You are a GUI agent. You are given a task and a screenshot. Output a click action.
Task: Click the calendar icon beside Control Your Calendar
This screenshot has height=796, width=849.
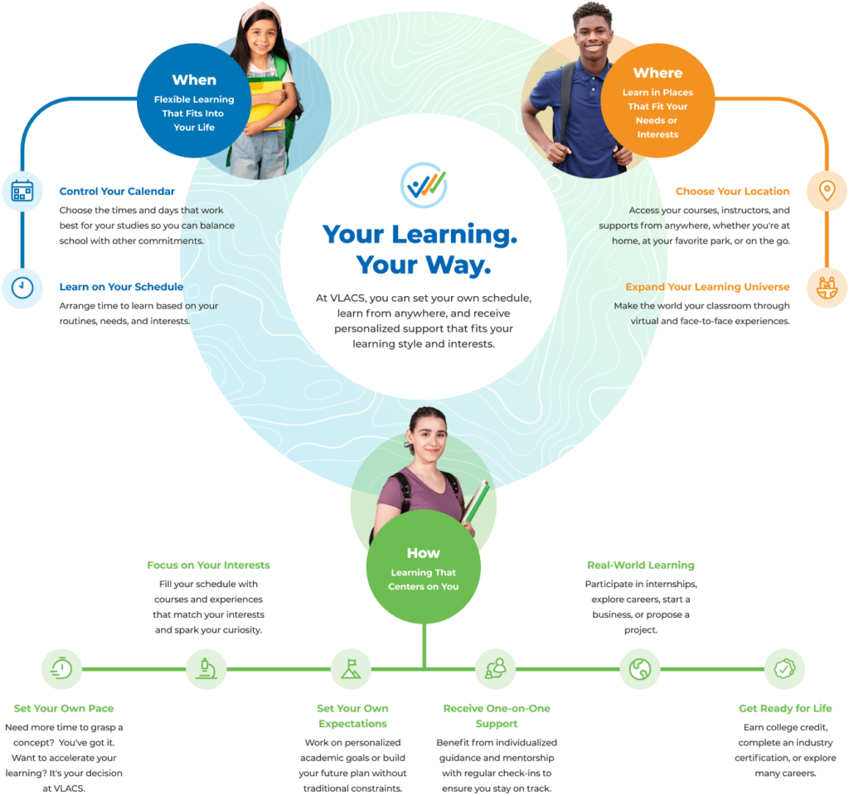point(22,192)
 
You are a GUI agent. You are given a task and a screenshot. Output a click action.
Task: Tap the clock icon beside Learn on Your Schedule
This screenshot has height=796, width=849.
point(22,288)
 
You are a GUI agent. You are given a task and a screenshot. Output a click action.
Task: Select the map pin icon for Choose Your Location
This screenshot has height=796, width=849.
point(827,192)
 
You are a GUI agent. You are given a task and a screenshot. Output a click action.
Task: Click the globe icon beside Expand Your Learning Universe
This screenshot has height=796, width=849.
point(827,288)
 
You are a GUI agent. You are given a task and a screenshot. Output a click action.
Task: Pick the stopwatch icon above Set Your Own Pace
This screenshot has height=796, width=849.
point(61,668)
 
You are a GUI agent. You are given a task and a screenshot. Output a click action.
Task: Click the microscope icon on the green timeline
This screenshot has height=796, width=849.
point(206,668)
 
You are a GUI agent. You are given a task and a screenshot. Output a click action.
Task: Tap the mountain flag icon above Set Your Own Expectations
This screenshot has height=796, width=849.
point(351,668)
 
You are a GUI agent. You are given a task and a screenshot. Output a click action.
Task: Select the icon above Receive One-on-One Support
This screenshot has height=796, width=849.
point(496,668)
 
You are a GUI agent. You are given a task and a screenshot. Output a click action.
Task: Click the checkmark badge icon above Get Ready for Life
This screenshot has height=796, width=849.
point(784,668)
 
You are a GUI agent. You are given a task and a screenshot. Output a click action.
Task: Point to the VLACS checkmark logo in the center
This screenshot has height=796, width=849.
point(424,184)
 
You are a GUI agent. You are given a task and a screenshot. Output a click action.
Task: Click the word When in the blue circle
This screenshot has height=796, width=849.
point(194,80)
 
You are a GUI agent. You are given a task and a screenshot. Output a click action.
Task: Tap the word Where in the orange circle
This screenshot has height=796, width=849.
point(657,73)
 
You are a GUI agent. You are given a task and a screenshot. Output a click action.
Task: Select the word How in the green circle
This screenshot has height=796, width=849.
point(423,553)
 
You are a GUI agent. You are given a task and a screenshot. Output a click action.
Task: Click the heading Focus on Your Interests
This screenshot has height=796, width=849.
point(208,565)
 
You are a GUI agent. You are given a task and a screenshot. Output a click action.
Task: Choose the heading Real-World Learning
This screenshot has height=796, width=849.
point(640,565)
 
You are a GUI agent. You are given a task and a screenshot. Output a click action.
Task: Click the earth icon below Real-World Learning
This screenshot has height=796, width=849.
point(639,668)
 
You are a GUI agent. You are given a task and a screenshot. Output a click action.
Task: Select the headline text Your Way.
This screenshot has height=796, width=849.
point(423,265)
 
